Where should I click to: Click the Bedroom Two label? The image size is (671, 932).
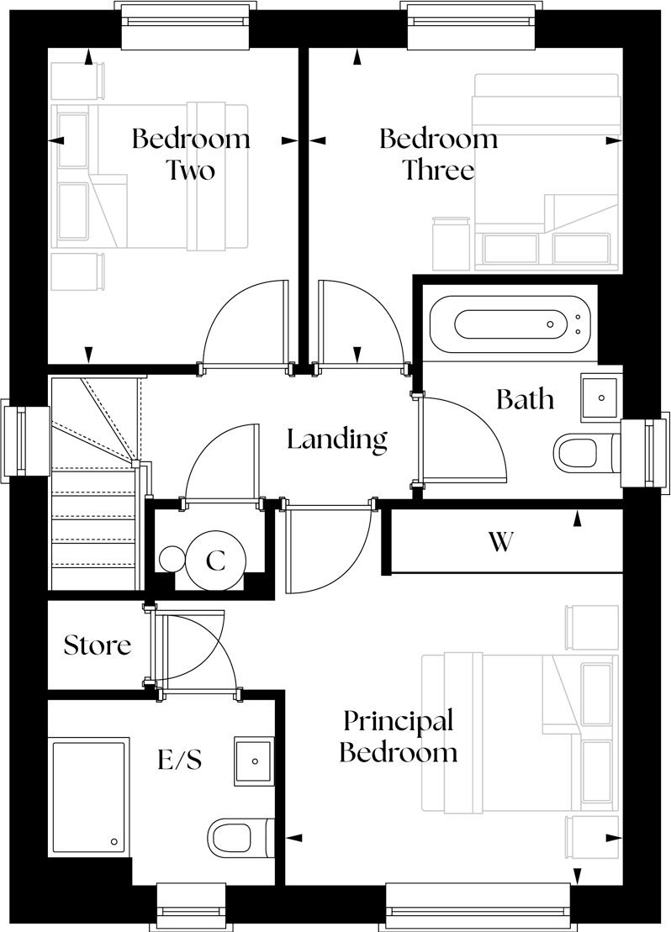coord(190,154)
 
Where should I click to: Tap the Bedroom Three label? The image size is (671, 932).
coord(438,154)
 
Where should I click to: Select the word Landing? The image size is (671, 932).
coord(336,439)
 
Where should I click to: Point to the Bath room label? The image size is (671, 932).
coord(525,398)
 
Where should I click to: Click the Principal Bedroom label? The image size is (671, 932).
coord(398,735)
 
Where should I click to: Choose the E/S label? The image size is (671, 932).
coord(179,761)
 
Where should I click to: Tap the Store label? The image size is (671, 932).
coord(98,645)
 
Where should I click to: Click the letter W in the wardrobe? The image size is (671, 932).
coord(500,543)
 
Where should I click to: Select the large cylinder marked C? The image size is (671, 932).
coord(216,561)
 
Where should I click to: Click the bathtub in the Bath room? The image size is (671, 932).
coord(513,324)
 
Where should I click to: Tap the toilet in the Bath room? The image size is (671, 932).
coord(580,451)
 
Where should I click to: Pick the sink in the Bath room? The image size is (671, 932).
coord(601,398)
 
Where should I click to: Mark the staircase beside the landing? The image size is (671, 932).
coord(92,487)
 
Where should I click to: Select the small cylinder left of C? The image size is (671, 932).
coord(172,559)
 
